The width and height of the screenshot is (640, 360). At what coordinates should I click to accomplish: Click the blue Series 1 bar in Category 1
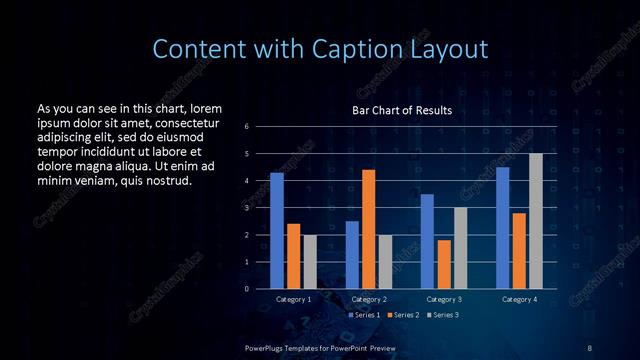point(277,231)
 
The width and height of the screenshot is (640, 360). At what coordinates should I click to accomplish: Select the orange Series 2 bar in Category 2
point(368,229)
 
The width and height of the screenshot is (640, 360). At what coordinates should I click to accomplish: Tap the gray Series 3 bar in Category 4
point(535,221)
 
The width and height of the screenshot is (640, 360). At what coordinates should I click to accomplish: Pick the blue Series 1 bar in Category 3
point(427,241)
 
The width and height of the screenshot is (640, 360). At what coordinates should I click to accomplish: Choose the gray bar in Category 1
point(309,262)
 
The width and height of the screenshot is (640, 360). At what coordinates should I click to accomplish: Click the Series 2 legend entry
point(404,314)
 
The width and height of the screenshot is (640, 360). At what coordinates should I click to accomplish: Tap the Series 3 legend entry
point(445,314)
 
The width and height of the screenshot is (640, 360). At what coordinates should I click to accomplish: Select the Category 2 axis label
point(369,299)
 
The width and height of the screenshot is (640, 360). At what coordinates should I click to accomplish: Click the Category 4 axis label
point(519,299)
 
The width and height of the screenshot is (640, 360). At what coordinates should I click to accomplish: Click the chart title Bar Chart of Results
point(402,110)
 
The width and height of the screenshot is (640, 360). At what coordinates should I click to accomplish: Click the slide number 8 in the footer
point(590,346)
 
